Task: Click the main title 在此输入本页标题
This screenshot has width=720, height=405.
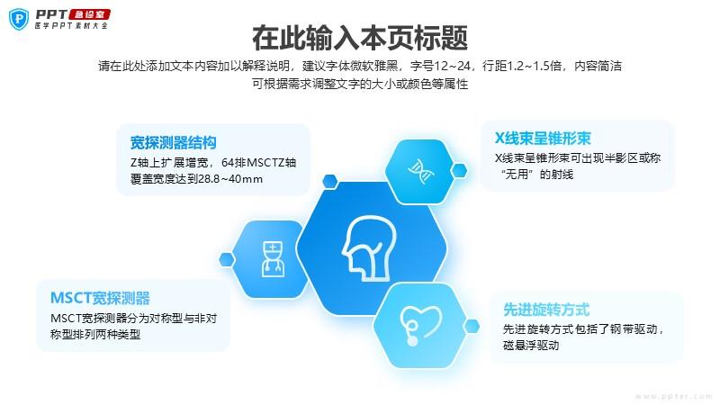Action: click(x=360, y=38)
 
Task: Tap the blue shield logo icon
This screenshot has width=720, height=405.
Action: click(x=19, y=19)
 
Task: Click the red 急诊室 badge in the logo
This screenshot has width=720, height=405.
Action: click(x=89, y=14)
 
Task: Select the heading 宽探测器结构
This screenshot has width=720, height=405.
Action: click(x=173, y=142)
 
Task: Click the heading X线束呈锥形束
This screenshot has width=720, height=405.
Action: click(x=543, y=139)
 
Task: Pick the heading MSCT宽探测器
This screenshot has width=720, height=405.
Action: click(x=100, y=298)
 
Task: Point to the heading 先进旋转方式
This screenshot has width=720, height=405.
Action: click(x=546, y=310)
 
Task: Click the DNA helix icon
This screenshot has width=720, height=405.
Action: click(x=420, y=171)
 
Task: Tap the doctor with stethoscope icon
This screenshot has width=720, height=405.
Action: click(x=273, y=259)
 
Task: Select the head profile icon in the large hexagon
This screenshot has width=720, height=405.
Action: click(x=369, y=248)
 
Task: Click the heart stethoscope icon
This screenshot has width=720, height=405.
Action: click(x=419, y=325)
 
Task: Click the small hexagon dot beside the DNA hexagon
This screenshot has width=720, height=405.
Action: click(x=459, y=171)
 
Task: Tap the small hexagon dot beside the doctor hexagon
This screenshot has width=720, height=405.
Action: click(x=227, y=259)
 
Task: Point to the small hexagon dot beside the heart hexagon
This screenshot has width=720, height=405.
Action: click(x=472, y=327)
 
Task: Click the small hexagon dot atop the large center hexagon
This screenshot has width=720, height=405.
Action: click(x=330, y=181)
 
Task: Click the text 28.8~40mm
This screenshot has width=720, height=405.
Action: click(x=230, y=179)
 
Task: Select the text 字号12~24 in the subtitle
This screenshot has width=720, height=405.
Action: click(x=440, y=66)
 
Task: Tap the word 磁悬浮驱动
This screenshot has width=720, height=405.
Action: click(x=531, y=346)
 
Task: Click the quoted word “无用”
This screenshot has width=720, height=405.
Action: click(x=517, y=175)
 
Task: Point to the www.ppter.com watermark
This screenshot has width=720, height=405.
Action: click(x=673, y=396)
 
